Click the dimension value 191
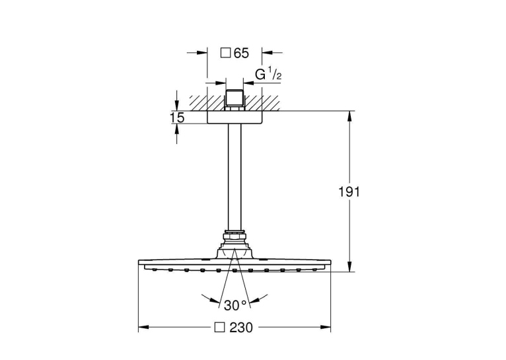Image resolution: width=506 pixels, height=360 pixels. click(349, 192)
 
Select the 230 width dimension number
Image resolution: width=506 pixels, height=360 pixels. click(241, 328)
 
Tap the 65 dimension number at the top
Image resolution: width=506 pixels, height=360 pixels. click(241, 54)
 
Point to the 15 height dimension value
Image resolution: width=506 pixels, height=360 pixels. click(177, 118)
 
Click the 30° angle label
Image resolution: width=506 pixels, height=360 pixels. click(235, 305)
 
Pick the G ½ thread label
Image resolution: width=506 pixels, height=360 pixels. click(268, 75)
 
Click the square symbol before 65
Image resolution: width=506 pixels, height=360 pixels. click(225, 53)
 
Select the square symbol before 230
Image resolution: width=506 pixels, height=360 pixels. click(220, 328)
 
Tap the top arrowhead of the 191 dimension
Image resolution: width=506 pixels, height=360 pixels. click(349, 116)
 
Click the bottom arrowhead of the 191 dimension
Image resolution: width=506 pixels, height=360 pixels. click(349, 266)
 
